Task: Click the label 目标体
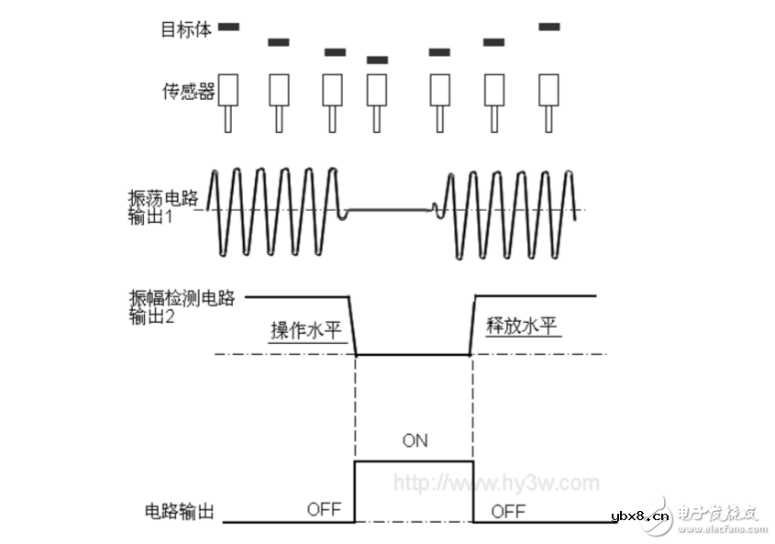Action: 186,29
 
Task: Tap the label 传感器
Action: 188,91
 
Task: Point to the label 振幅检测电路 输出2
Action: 183,306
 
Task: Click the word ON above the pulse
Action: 415,440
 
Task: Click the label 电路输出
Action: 179,511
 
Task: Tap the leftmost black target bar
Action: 228,27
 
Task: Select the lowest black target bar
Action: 377,61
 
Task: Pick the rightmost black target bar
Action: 549,27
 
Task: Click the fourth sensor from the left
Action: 377,89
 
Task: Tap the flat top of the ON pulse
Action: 415,461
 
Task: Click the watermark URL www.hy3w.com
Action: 496,483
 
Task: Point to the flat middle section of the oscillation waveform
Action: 390,210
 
